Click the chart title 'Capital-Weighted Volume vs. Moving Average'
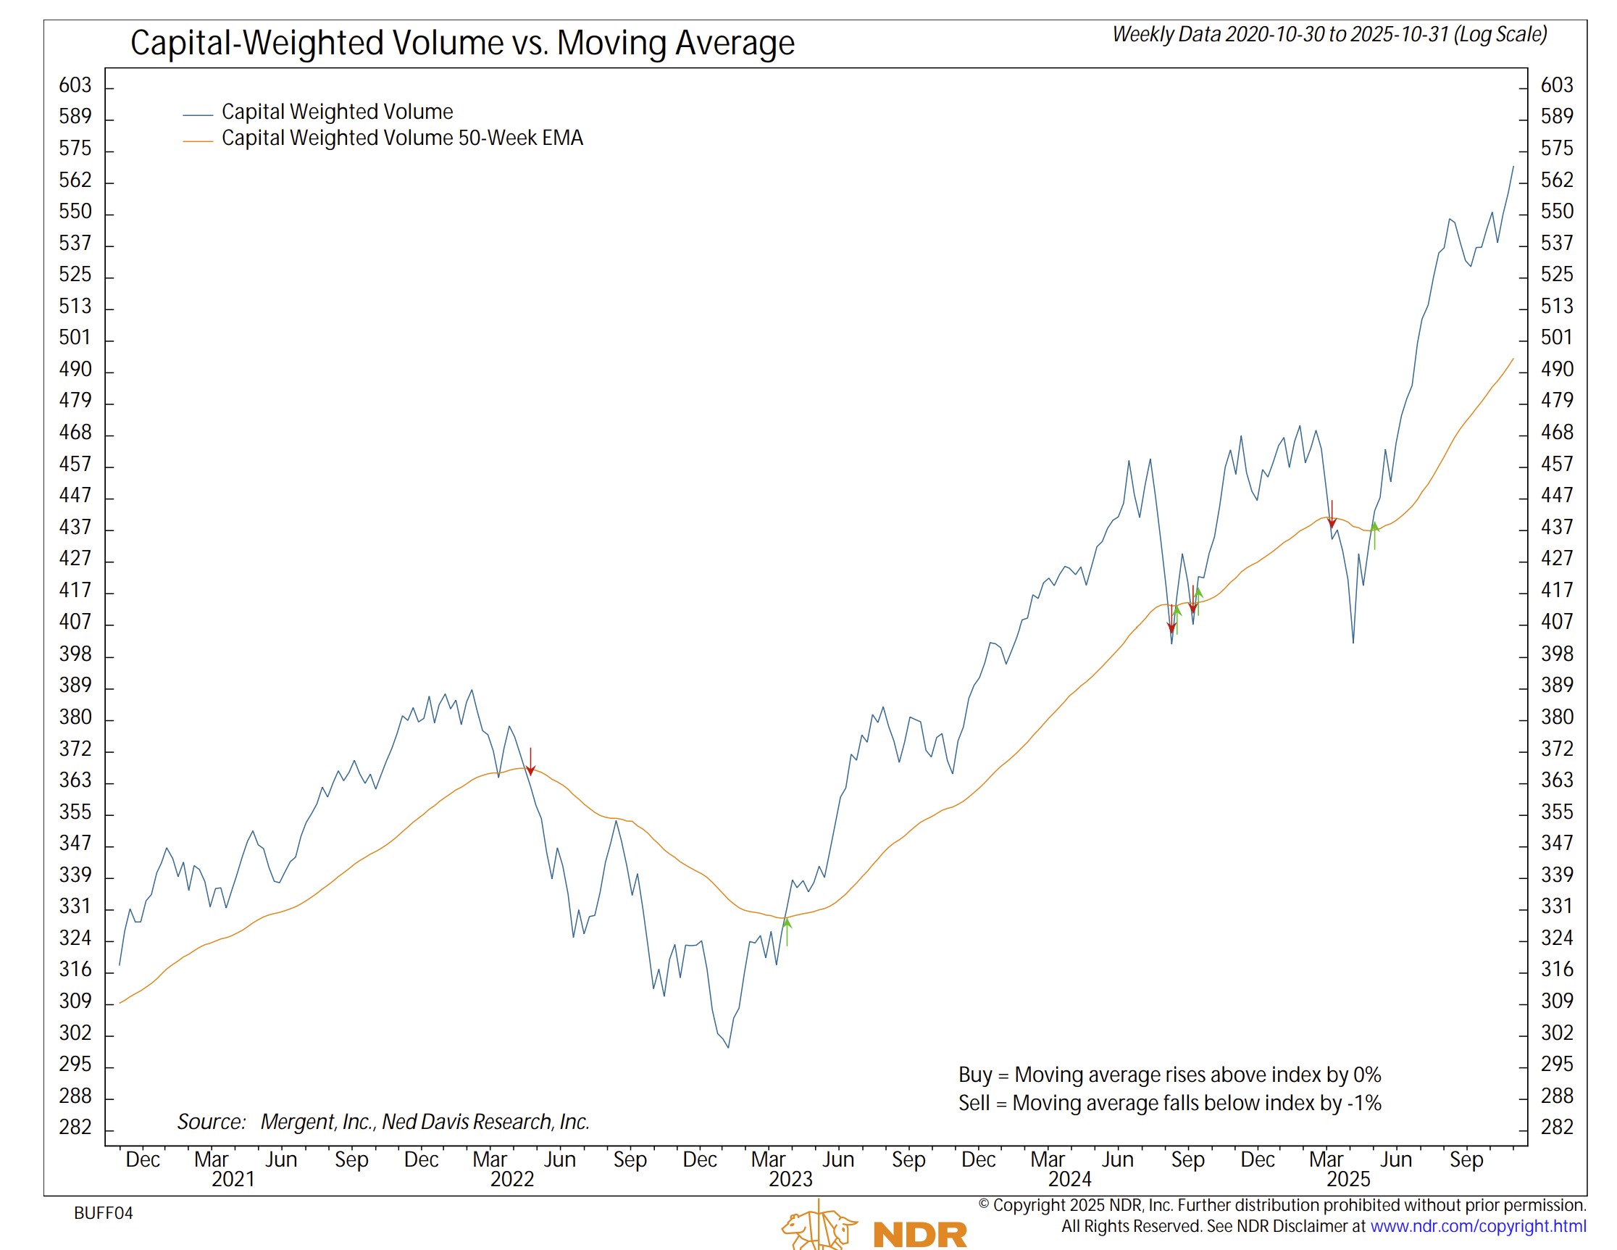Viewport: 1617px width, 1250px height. pos(462,43)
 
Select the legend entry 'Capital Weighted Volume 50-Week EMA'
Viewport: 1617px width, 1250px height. pos(402,138)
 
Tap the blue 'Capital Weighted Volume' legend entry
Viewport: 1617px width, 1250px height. pos(337,112)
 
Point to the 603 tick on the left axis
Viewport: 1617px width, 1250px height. pos(75,86)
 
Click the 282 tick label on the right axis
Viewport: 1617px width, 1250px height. pos(1556,1127)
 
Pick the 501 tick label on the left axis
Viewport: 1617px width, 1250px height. pos(75,338)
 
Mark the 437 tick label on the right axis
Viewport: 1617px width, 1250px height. pos(1556,528)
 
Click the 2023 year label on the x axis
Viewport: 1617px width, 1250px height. pos(790,1179)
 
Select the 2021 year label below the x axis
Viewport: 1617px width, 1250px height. pos(233,1179)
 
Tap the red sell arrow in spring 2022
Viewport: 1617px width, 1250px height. pos(530,763)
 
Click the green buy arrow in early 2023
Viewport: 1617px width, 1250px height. pos(787,930)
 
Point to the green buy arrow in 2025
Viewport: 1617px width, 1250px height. pos(1375,535)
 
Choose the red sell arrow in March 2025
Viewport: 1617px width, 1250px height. pos(1332,515)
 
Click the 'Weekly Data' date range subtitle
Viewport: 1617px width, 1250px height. pos(1329,35)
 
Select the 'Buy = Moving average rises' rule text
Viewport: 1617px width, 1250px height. pos(1170,1075)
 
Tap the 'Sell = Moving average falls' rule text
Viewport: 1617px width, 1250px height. pos(1170,1104)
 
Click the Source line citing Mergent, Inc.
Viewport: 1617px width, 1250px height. pos(383,1122)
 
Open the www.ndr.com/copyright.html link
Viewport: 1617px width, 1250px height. pos(1478,1226)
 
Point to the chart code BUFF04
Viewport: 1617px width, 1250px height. pos(104,1213)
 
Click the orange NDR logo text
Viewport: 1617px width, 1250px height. pos(920,1236)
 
